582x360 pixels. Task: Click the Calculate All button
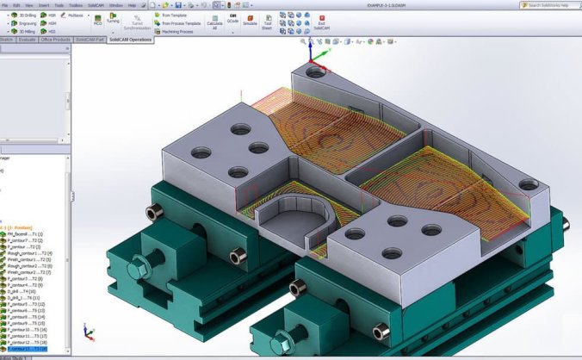[x=214, y=22]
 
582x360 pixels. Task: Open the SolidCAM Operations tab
[x=130, y=40]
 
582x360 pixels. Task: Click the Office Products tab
[x=56, y=40]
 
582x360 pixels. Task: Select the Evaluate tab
[x=26, y=40]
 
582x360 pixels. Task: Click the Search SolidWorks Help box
[x=551, y=5]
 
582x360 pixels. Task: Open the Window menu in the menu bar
[x=115, y=4]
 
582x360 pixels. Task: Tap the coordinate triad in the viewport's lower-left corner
[x=87, y=331]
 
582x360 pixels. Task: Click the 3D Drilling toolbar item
[x=28, y=15]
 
